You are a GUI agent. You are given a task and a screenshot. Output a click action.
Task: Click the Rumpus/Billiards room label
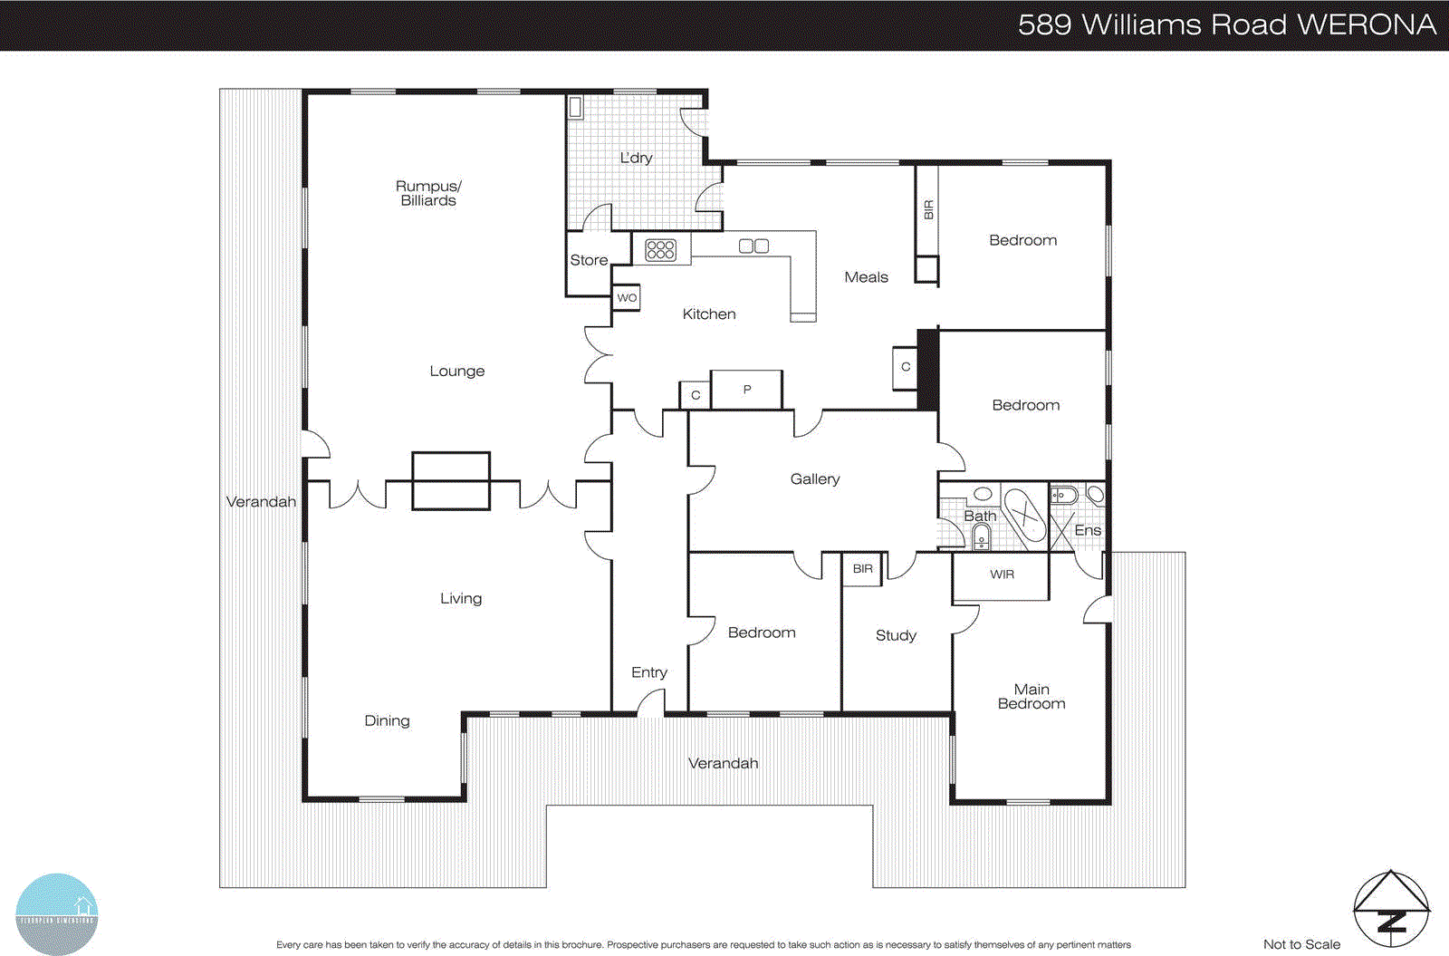click(x=428, y=193)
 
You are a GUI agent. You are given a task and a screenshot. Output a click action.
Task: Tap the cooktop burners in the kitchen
click(x=660, y=249)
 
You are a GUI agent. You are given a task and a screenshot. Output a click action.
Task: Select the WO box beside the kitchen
click(x=627, y=298)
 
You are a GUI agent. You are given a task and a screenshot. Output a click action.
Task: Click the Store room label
click(x=589, y=260)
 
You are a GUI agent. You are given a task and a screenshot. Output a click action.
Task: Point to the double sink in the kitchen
click(x=753, y=246)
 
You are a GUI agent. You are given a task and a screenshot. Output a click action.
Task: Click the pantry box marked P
click(x=746, y=390)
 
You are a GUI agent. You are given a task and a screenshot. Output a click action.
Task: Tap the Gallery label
click(x=814, y=479)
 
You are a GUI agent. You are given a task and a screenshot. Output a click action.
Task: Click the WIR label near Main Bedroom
click(x=1002, y=575)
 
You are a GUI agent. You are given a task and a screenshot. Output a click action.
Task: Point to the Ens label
click(x=1087, y=531)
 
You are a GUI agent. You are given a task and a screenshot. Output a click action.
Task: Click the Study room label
click(x=896, y=635)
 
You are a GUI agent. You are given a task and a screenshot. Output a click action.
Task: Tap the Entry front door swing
click(x=651, y=702)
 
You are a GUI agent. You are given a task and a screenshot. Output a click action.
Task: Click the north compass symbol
click(x=1391, y=909)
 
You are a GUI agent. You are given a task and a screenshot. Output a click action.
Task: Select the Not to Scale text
click(x=1301, y=944)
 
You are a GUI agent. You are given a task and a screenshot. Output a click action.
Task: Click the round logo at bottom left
click(x=56, y=913)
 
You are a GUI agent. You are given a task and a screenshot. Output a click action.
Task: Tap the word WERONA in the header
click(x=1367, y=24)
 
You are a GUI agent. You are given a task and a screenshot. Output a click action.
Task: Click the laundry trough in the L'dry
click(x=575, y=108)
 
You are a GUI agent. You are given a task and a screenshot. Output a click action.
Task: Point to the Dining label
click(x=387, y=720)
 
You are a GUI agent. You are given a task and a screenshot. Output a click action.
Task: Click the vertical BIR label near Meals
click(x=928, y=210)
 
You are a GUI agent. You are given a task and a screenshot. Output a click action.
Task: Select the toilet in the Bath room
click(x=982, y=539)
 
